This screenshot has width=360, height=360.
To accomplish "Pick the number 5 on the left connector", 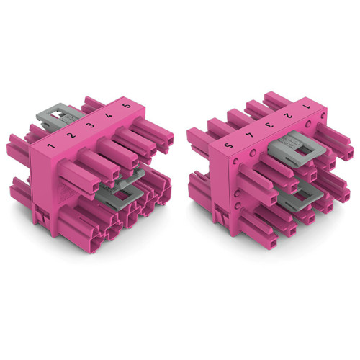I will [127, 106].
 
